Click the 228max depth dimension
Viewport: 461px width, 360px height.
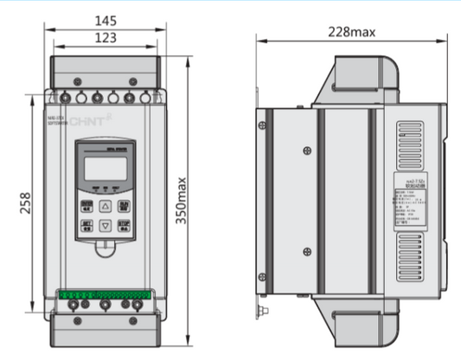pyautogui.click(x=351, y=32)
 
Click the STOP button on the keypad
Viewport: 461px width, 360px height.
pyautogui.click(x=124, y=225)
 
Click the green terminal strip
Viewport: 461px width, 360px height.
pyautogui.click(x=104, y=295)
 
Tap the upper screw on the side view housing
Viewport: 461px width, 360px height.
pyautogui.click(x=307, y=151)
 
